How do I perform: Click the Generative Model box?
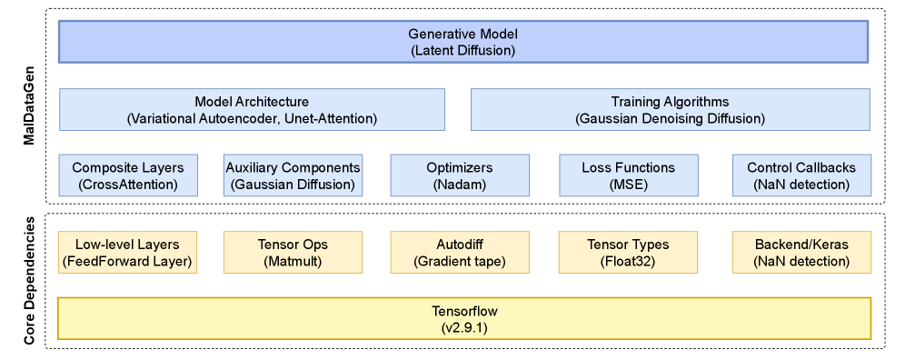[x=463, y=42]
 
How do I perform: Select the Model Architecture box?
[x=252, y=109]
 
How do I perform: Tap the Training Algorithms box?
[x=670, y=109]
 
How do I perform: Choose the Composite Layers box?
[x=128, y=175]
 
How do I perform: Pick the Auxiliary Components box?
[x=293, y=175]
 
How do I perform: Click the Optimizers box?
[x=460, y=175]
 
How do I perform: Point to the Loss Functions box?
[x=628, y=175]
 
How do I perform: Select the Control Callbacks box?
[x=801, y=175]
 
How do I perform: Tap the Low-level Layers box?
[x=127, y=253]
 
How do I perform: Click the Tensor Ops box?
[x=293, y=253]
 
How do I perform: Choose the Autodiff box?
[x=460, y=253]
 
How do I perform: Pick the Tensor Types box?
[x=628, y=253]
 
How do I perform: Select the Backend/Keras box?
[x=801, y=253]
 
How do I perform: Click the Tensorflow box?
[x=464, y=318]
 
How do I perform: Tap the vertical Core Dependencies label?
[x=30, y=282]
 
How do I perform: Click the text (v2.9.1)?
[x=464, y=326]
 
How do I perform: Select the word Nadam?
[x=460, y=185]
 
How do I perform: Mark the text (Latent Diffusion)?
[x=462, y=50]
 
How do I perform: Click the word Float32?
[x=628, y=261]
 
